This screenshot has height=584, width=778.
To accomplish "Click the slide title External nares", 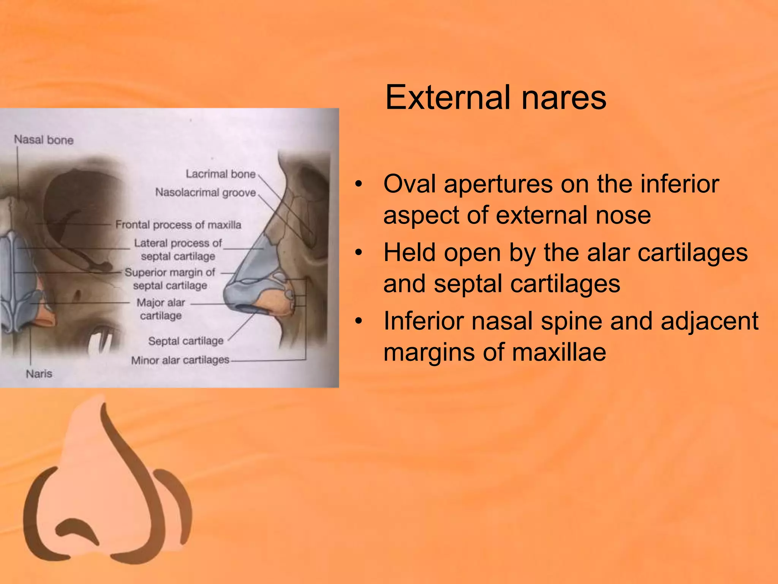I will (495, 98).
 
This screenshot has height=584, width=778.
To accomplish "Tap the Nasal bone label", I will (44, 140).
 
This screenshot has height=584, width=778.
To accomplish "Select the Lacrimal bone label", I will (220, 174).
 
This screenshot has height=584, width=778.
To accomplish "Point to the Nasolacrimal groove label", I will (206, 193).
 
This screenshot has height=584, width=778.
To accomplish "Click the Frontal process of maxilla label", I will (178, 225).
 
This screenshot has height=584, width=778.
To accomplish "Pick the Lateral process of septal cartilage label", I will (178, 249).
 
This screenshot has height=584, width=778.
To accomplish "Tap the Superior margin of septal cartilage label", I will (170, 279).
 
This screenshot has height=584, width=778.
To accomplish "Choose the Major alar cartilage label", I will (161, 309).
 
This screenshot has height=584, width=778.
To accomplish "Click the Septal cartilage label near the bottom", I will (186, 341).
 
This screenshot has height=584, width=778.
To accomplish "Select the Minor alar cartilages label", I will (180, 360).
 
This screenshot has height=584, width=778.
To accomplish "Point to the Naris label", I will (39, 374).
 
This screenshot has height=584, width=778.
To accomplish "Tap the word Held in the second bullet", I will (410, 252).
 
